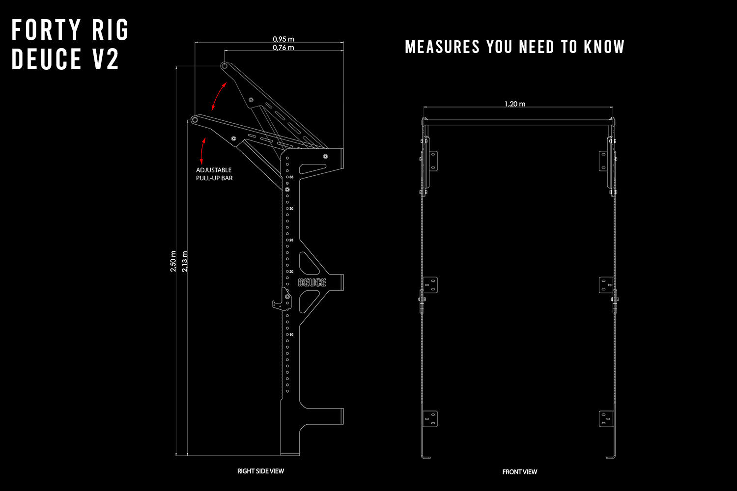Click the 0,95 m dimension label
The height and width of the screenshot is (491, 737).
(283, 39)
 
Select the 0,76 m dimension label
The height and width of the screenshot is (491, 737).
(283, 48)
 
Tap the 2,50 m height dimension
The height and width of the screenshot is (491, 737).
(173, 261)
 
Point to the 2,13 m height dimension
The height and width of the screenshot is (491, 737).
(185, 261)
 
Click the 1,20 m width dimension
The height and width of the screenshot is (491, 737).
(515, 104)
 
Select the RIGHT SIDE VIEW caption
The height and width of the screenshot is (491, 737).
(260, 471)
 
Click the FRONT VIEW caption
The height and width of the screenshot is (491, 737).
(519, 472)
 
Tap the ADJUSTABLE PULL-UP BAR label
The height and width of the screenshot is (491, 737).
(214, 174)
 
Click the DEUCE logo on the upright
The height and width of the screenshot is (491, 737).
(312, 282)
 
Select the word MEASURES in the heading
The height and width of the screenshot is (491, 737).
(442, 47)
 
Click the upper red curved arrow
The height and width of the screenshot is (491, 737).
(219, 96)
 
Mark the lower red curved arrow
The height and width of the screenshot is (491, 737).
(202, 151)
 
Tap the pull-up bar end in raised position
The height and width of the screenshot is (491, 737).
(224, 65)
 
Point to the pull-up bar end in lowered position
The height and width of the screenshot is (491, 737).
(195, 119)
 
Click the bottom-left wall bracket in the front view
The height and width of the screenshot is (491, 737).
(430, 419)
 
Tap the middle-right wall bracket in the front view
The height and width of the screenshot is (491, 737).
(606, 285)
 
